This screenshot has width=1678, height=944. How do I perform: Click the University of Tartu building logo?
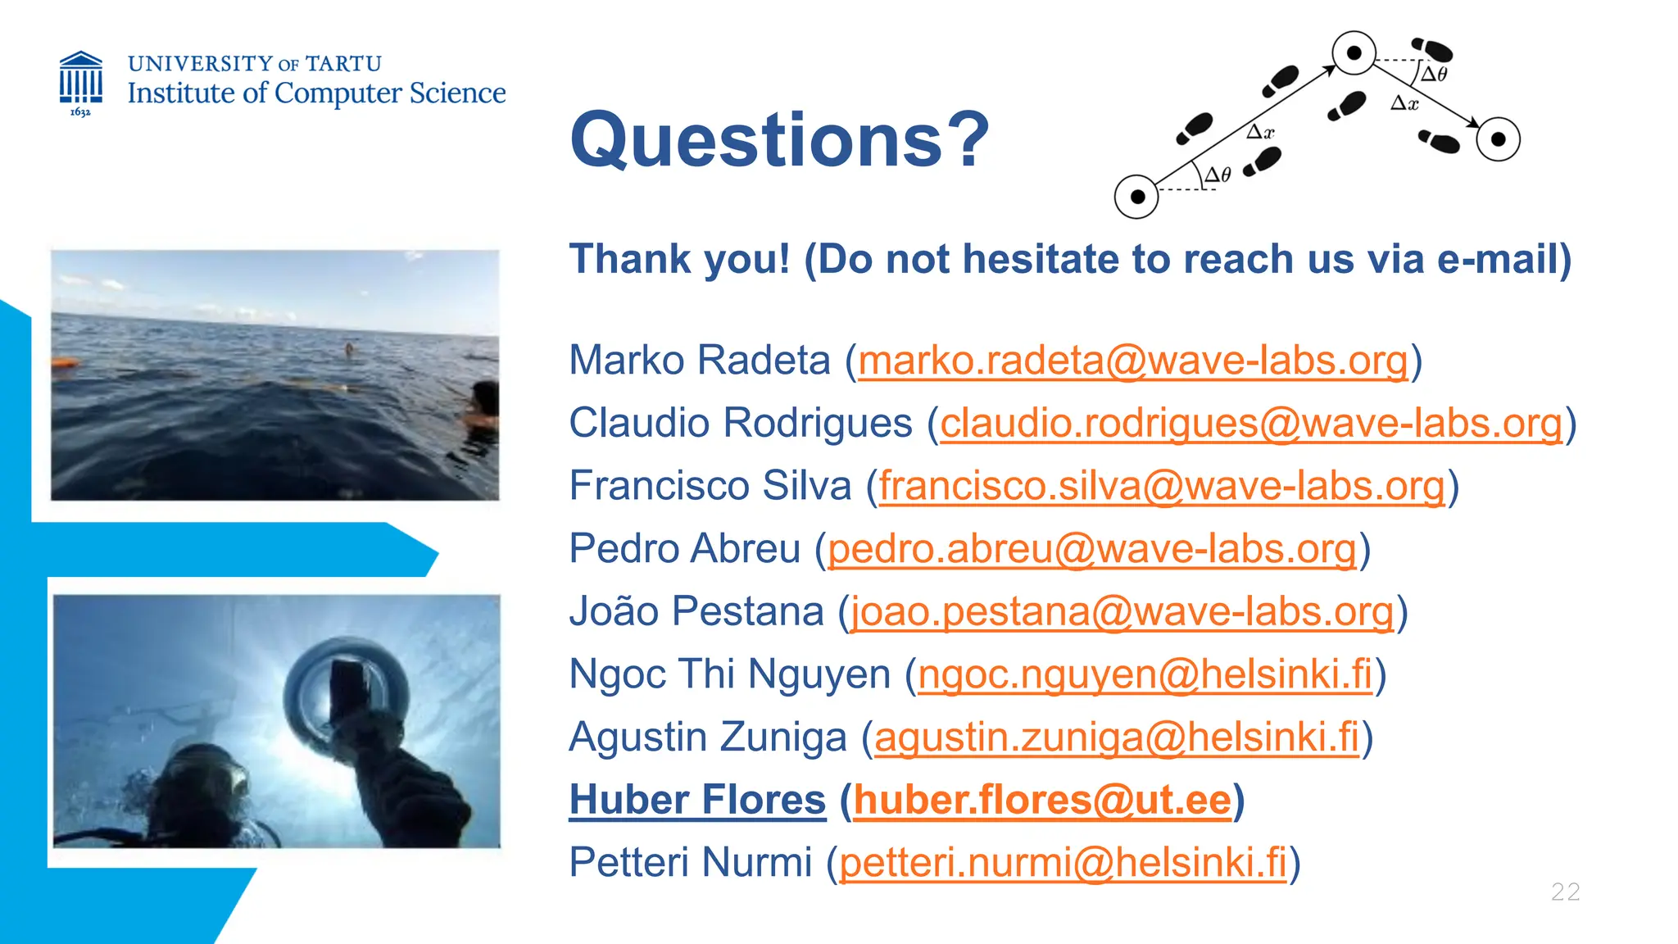pyautogui.click(x=80, y=82)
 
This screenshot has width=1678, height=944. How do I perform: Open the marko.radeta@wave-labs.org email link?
pyautogui.click(x=1133, y=361)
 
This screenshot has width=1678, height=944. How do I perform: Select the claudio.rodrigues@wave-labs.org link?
pyautogui.click(x=1251, y=424)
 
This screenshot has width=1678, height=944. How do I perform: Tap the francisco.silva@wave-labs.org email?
pyautogui.click(x=1162, y=486)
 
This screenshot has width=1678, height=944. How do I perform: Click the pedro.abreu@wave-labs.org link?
pyautogui.click(x=1091, y=549)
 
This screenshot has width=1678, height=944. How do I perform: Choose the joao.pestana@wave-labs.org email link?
pyautogui.click(x=1122, y=612)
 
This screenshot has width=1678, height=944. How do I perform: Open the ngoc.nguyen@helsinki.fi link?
pyautogui.click(x=1145, y=674)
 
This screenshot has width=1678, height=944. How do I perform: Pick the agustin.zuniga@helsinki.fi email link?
pyautogui.click(x=1117, y=737)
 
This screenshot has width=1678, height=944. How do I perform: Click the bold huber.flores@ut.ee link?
pyautogui.click(x=1042, y=800)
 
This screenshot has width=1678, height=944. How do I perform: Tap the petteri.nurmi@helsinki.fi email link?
pyautogui.click(x=1063, y=863)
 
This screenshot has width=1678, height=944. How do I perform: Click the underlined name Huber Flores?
pyautogui.click(x=697, y=800)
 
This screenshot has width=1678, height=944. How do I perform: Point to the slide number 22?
pyautogui.click(x=1565, y=892)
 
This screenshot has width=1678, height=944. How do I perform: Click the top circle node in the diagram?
pyautogui.click(x=1354, y=53)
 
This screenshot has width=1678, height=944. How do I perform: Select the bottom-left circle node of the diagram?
pyautogui.click(x=1136, y=197)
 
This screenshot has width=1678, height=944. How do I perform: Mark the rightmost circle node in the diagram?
pyautogui.click(x=1498, y=139)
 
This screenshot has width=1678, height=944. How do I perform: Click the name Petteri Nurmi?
pyautogui.click(x=690, y=863)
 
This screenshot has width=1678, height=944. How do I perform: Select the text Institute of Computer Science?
pyautogui.click(x=316, y=93)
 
